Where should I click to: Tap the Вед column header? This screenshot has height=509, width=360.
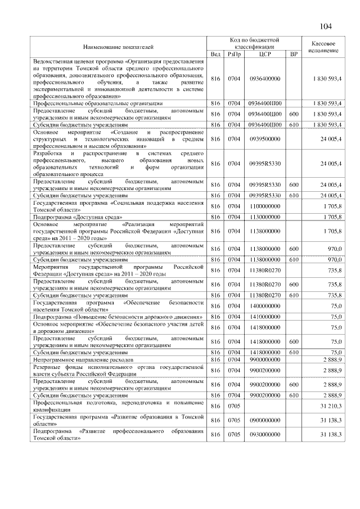[x=215, y=54]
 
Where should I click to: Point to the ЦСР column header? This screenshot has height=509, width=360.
[x=265, y=54]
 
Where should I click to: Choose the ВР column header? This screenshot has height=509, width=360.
[x=293, y=54]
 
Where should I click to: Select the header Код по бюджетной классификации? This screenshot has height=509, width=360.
[x=254, y=43]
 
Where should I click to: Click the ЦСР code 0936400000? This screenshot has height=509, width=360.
[x=265, y=79]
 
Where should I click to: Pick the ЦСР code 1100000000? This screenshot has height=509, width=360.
[x=265, y=206]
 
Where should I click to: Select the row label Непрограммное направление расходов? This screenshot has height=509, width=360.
[x=83, y=359]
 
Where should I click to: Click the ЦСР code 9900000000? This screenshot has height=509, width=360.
[x=265, y=359]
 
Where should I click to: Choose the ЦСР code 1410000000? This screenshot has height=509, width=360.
[x=265, y=317]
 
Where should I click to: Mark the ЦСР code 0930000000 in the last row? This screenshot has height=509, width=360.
[x=265, y=434]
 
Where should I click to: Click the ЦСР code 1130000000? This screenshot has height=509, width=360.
[x=265, y=217]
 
